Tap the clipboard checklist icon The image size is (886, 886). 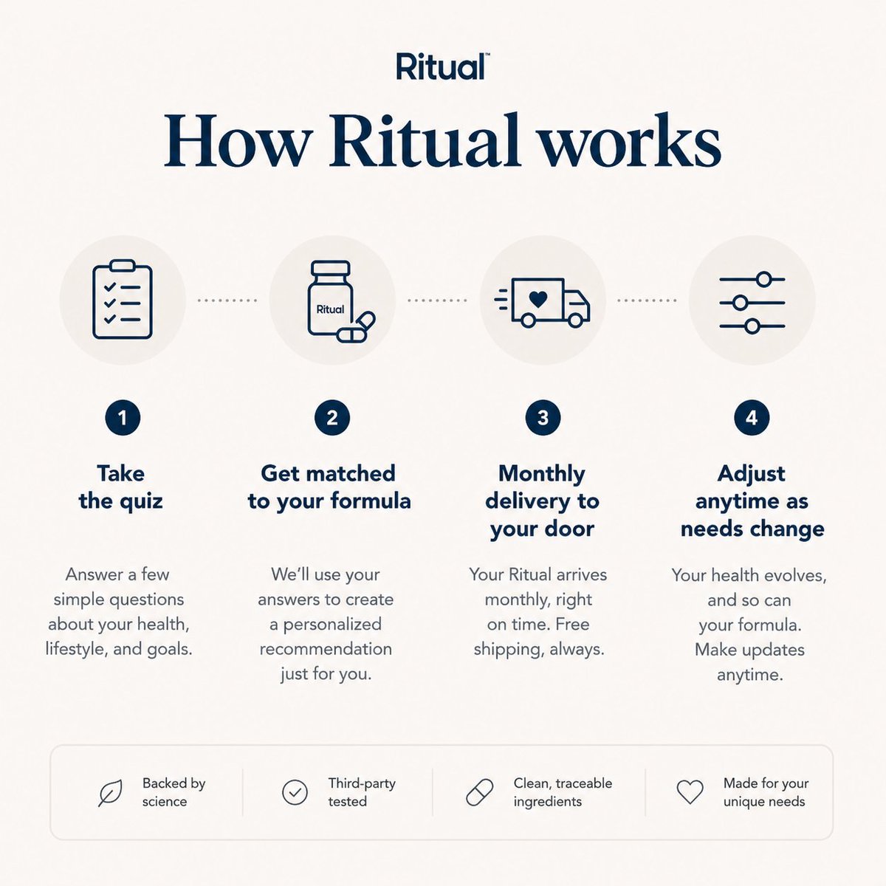[x=123, y=299]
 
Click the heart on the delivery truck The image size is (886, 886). [x=538, y=299]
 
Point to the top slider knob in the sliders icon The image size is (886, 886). [x=763, y=279]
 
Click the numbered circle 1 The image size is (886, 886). [x=123, y=417]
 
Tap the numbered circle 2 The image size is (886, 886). [x=332, y=417]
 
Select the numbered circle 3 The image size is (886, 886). [x=543, y=417]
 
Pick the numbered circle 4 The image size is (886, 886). [x=752, y=417]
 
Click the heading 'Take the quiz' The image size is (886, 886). [x=121, y=487]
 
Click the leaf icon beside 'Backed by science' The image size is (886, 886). [x=110, y=793]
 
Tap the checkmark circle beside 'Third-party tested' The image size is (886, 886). [x=295, y=792]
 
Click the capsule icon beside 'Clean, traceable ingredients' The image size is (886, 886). [x=480, y=792]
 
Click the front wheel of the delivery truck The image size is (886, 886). [x=575, y=320]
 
